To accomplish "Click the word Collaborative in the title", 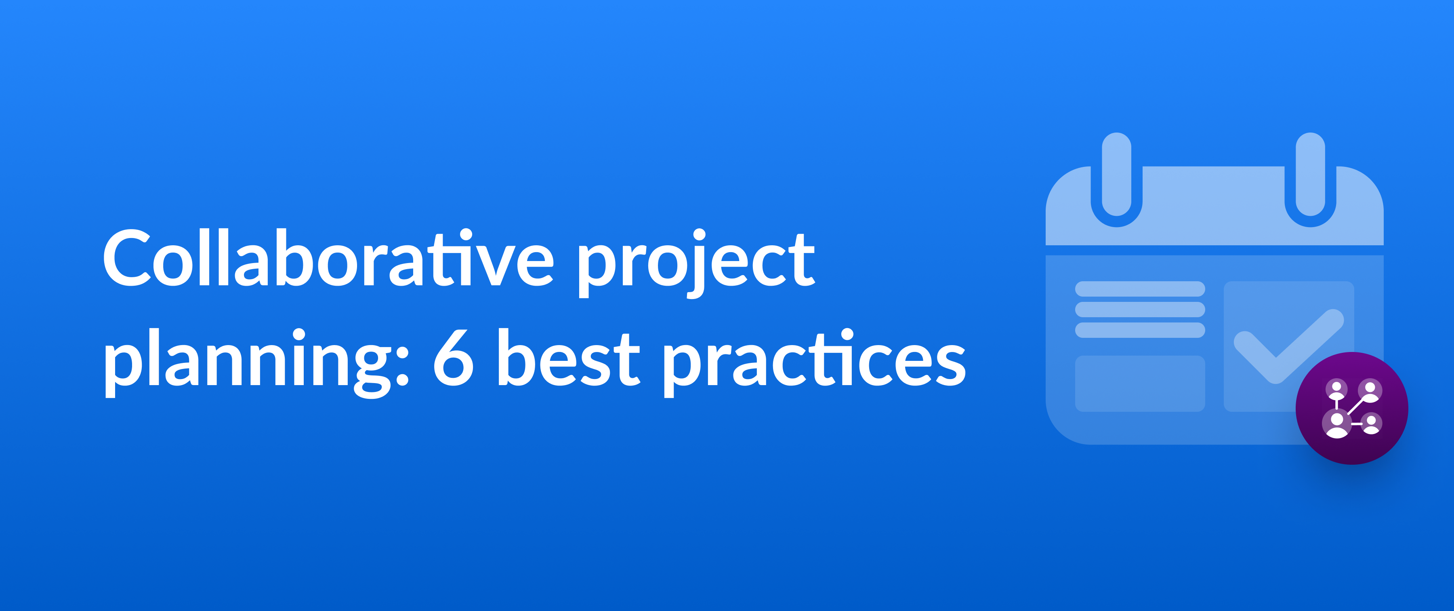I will (x=328, y=259).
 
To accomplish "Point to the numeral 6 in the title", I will (x=453, y=358).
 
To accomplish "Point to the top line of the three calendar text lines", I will (x=1140, y=289).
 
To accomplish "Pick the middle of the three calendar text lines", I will (x=1140, y=310).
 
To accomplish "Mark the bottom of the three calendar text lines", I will (x=1140, y=330).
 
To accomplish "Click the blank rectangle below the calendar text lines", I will (x=1140, y=383).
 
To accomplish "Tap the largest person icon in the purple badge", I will (x=1336, y=425).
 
